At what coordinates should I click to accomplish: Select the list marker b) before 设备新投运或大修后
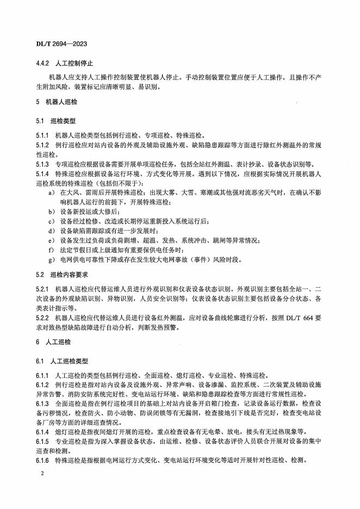click(x=51, y=211)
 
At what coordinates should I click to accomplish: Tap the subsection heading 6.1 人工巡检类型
click(x=69, y=361)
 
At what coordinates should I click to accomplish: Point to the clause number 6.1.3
click(x=42, y=404)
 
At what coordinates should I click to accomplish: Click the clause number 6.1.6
click(x=42, y=461)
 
